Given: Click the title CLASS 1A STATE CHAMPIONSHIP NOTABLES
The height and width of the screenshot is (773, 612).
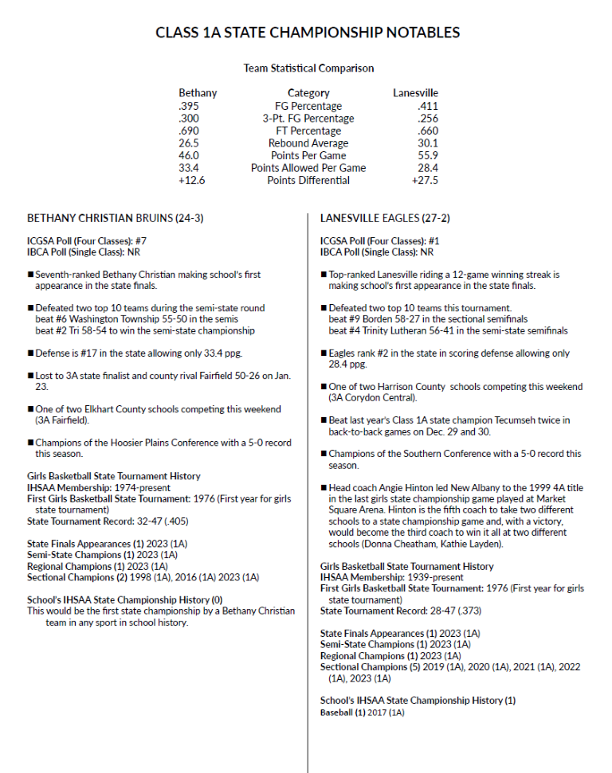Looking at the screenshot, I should pos(307,33).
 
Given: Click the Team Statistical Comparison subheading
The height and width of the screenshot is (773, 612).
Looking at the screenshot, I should pos(308,68).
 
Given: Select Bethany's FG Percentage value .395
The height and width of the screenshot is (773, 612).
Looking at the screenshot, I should pos(189,106).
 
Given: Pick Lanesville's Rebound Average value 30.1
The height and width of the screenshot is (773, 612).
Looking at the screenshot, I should pos(426,143).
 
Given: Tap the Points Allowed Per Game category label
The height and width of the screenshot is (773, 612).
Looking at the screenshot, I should pos(308,168).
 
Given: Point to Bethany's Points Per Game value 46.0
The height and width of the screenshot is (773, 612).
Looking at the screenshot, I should pos(189,155).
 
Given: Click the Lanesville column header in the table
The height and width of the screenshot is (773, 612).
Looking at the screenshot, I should pos(415,93).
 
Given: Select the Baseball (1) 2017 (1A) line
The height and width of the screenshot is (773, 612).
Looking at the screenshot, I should pos(363,712).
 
